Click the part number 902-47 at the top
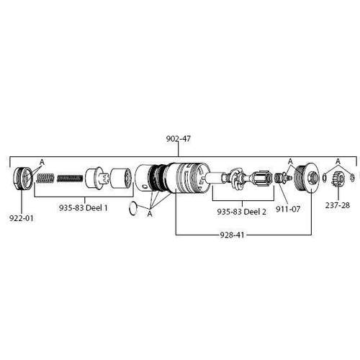tap(179, 138)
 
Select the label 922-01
tap(22, 218)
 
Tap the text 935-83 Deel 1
tap(84, 207)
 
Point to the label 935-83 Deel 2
tap(241, 212)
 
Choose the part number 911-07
tap(288, 209)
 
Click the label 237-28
tap(338, 205)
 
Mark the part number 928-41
tap(232, 235)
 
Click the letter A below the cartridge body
tap(150, 213)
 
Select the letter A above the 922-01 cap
tap(42, 162)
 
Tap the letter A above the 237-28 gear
tap(338, 161)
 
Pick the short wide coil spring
tap(45, 179)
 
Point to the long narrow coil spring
tap(70, 179)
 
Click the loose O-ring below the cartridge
tap(133, 208)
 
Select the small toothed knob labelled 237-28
tap(338, 179)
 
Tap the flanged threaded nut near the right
tap(307, 177)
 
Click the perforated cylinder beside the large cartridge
tap(122, 178)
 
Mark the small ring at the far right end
tap(352, 178)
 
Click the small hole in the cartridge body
tap(143, 186)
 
